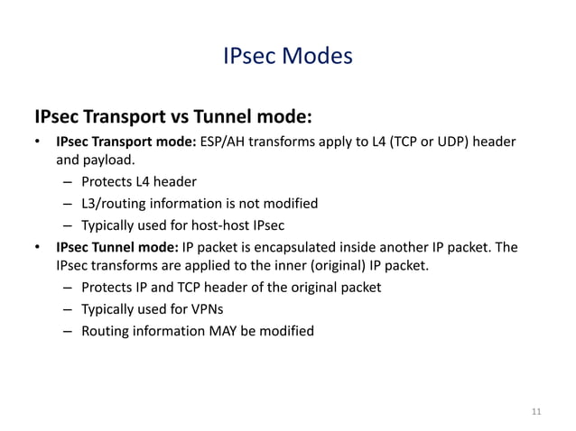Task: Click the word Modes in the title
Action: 319,58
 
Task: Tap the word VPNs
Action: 204,309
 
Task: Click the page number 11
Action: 537,412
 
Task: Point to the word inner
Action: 280,266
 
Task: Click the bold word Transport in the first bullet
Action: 125,142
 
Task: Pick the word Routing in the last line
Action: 106,331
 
